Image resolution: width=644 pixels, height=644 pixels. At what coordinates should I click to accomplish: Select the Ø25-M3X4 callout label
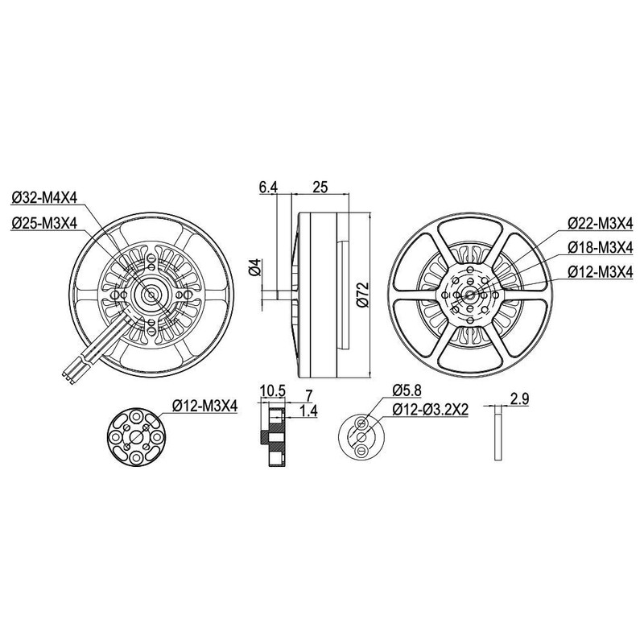click(44, 224)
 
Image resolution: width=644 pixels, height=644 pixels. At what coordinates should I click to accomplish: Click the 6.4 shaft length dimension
click(268, 188)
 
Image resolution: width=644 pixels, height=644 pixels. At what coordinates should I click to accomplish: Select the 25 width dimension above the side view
click(320, 188)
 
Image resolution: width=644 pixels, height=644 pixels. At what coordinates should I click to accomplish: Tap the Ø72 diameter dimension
click(362, 295)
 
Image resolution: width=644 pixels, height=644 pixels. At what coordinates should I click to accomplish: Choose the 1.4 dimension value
click(307, 411)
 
